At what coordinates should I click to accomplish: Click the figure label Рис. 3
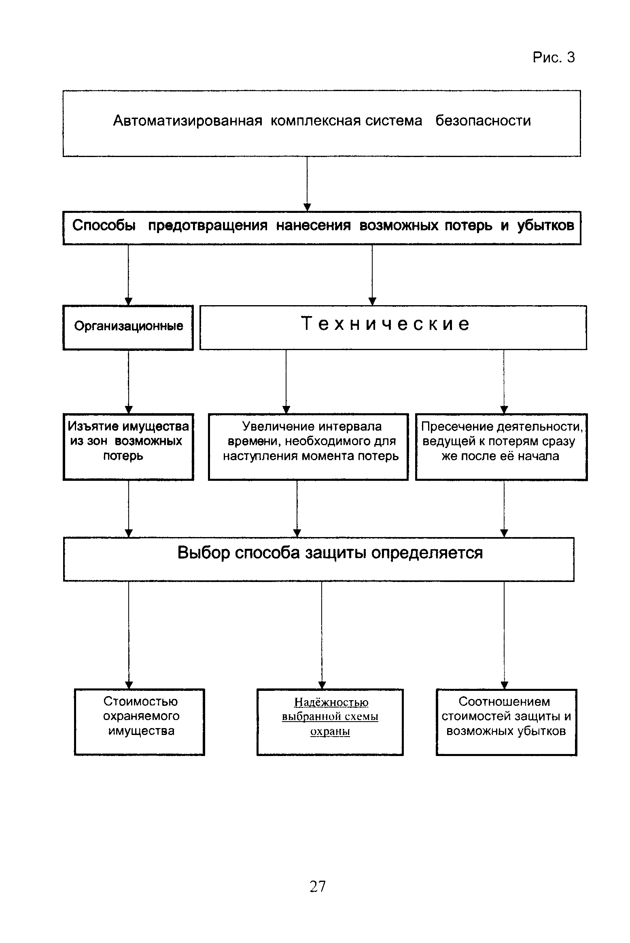coord(554,57)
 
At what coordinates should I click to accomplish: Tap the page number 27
coord(318,886)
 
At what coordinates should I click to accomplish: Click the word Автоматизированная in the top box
coord(188,121)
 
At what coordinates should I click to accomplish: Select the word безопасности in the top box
coord(483,121)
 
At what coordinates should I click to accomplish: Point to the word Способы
coord(104,225)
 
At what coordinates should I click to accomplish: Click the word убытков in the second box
coord(545,225)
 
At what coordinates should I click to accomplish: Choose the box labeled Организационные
coord(128,327)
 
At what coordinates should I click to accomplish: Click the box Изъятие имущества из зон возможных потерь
coord(128,447)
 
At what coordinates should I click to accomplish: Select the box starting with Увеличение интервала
coord(308,447)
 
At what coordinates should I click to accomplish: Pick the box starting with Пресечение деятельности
coord(501,447)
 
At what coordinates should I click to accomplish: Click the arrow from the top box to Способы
coord(307,184)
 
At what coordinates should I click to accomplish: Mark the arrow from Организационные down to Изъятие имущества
coord(129,382)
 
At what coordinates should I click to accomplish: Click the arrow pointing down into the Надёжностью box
coord(322,635)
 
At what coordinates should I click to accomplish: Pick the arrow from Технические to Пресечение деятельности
coord(504,382)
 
